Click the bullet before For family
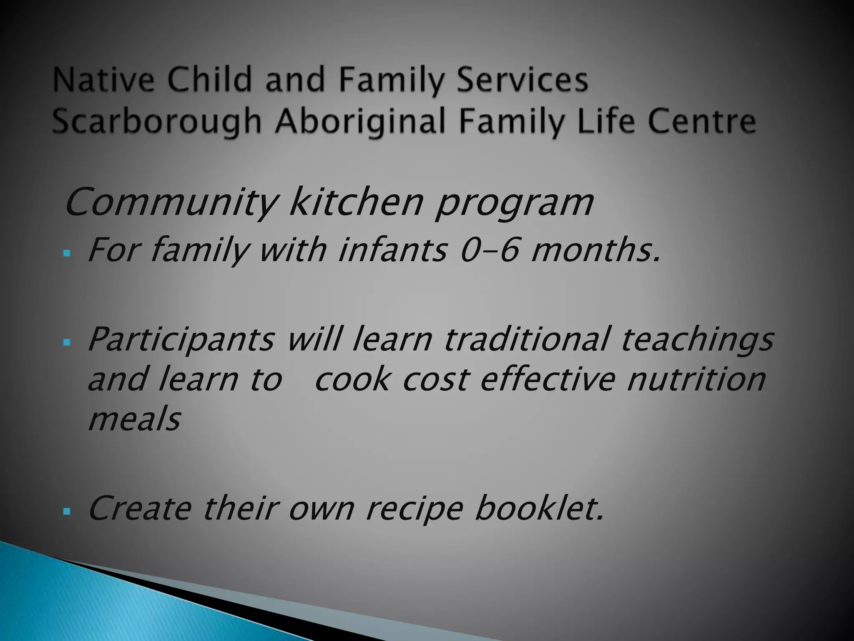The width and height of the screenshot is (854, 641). [67, 253]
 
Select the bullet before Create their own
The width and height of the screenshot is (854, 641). [67, 511]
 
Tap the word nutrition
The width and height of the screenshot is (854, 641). [696, 379]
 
